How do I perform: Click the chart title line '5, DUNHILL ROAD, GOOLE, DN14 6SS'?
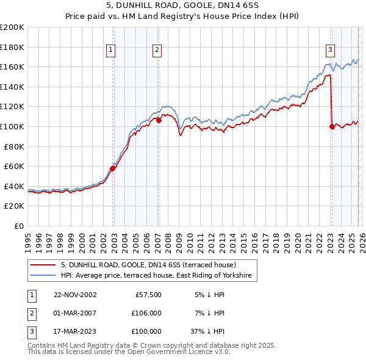point(182,7)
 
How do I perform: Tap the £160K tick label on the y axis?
point(12,67)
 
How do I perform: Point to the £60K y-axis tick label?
point(14,166)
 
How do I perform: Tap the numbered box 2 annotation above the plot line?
point(157,50)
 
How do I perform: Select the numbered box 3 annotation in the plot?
point(330,50)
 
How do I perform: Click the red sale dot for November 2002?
point(113,169)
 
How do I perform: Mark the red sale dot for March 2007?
point(159,121)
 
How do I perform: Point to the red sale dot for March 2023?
point(332,127)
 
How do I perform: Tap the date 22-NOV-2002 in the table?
point(75,294)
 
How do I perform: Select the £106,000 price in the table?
point(146,312)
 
